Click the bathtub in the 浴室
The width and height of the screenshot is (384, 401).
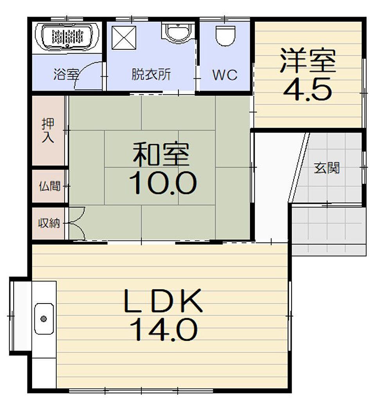coord(67,37)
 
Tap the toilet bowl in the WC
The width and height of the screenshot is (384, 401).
coord(225,36)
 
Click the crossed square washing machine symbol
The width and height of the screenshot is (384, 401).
coord(124,38)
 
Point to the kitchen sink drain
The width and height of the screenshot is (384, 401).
coord(44,319)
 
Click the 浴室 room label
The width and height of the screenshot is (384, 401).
coord(66,74)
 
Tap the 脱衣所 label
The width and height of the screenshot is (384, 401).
coord(151,74)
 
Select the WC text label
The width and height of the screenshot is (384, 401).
coord(225,75)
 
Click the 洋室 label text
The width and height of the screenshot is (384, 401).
coord(308,60)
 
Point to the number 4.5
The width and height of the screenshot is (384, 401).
coord(308,89)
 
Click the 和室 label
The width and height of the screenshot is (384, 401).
coord(161,154)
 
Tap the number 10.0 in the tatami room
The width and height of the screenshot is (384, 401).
coord(163,183)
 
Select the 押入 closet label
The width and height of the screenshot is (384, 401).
coord(48,130)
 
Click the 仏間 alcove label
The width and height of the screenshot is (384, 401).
coord(50,186)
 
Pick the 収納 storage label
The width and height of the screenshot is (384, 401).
coord(49,223)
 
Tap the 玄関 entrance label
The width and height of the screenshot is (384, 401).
coord(327,168)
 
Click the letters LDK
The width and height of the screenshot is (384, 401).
coord(163,301)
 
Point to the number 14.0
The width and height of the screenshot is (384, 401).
coord(164,330)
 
